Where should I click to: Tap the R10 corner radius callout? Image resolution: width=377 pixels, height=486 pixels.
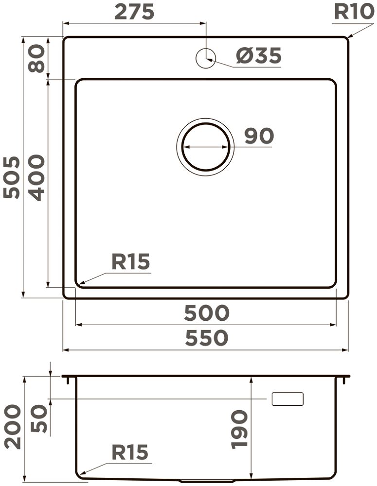tap(354, 12)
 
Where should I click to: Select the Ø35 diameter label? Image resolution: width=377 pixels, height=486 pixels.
tap(258, 55)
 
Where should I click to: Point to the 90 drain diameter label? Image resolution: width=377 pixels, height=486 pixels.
tap(259, 136)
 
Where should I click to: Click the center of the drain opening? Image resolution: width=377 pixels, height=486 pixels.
tap(206, 147)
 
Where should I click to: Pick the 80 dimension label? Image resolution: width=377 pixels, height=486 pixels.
tap(36, 58)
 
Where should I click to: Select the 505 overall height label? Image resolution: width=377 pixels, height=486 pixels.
tap(12, 177)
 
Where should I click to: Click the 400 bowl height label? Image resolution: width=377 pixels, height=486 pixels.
tap(36, 178)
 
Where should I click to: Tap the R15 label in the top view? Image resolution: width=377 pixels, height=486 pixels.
tap(131, 261)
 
